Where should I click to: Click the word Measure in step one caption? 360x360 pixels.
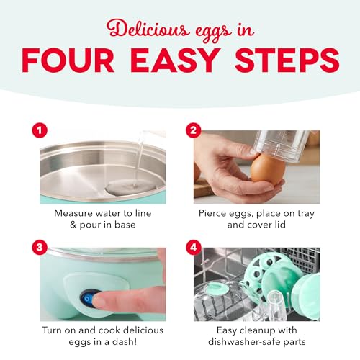[76, 214]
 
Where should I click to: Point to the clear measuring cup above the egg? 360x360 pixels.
[284, 148]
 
